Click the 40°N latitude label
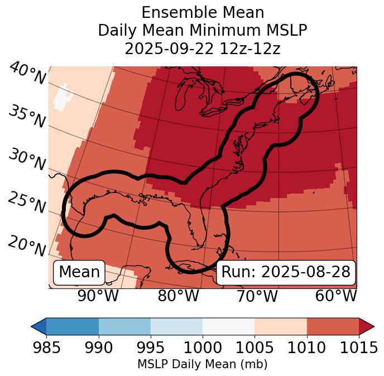[x=27, y=74]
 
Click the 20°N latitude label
[x=27, y=245]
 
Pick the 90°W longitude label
[x=98, y=296]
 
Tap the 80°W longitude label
[x=178, y=296]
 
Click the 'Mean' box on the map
[x=79, y=272]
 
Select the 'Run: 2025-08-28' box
[x=286, y=272]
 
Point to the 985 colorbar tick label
[x=46, y=348]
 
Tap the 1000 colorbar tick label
[x=203, y=348]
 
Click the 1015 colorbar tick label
[x=358, y=348]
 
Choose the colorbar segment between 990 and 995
[x=124, y=326]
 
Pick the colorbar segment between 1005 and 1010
[x=281, y=326]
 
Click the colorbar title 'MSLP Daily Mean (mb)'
[x=202, y=364]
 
